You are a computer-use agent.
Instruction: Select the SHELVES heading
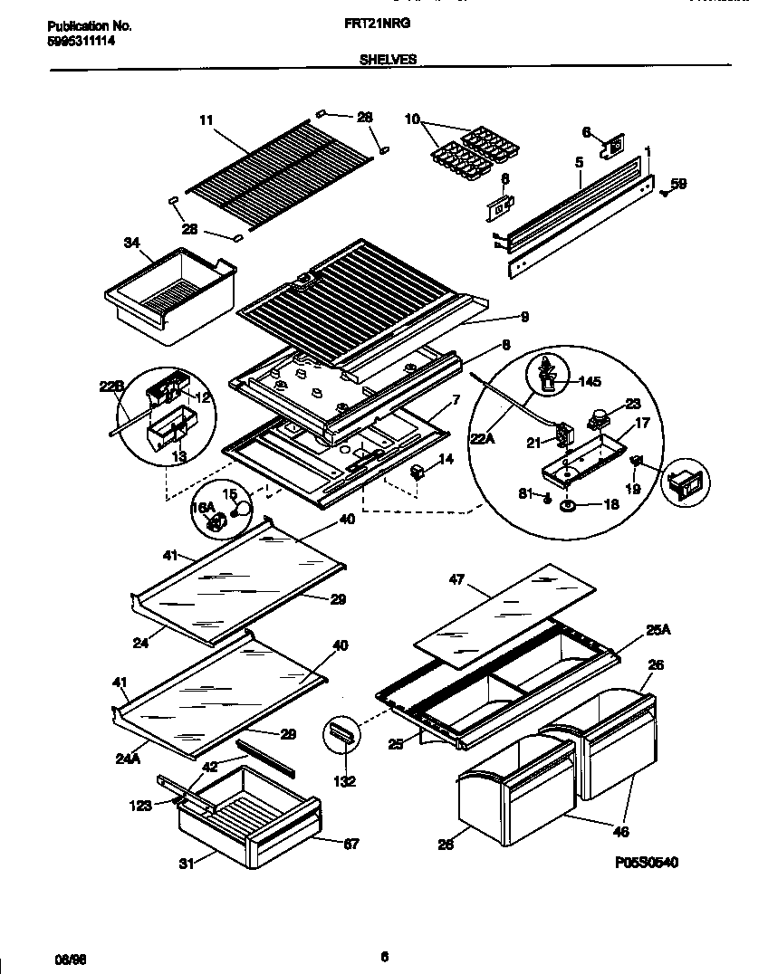coord(388,59)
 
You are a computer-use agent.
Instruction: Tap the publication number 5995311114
coord(81,41)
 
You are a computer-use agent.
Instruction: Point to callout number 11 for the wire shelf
coord(206,119)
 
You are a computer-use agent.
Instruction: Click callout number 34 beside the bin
coord(131,242)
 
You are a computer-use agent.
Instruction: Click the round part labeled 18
coord(569,505)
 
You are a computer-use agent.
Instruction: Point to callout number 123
coord(140,805)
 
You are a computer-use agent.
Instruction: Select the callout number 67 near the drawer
coord(351,844)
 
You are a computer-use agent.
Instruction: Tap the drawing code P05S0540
coord(645,862)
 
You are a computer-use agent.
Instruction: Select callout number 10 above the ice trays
coord(412,119)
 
